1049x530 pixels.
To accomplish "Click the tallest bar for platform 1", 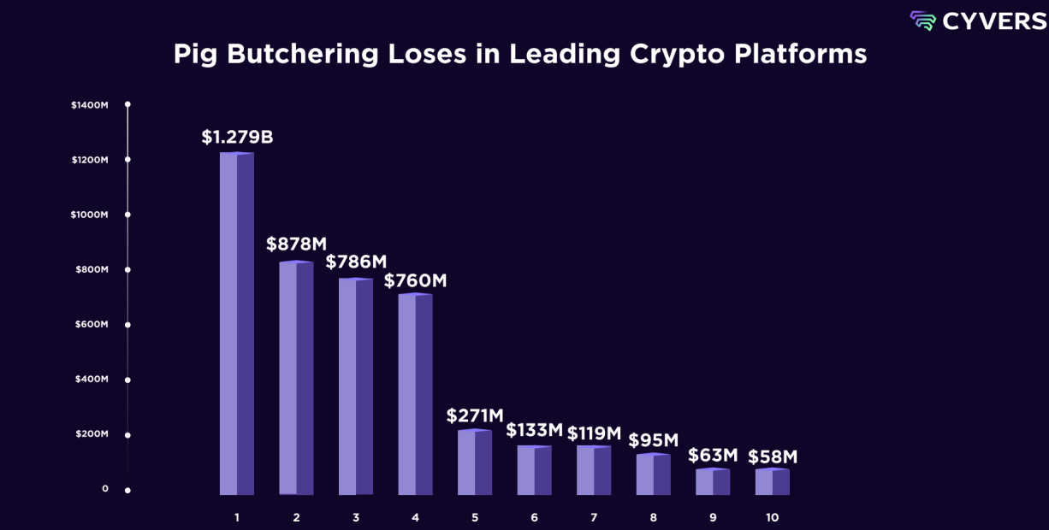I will pos(237,325).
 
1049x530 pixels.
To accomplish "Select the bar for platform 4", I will pos(415,395).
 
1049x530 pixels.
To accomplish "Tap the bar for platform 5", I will pos(474,462).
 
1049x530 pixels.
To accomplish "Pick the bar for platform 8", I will pos(653,474).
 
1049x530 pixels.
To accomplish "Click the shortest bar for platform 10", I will pos(772,482).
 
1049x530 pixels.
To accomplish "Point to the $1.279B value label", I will pos(237,137).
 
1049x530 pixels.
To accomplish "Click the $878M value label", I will pos(296,244).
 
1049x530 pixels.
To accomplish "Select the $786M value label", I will pos(356,262).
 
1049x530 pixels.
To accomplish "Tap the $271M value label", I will pos(475,416).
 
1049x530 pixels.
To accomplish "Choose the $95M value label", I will pos(653,440).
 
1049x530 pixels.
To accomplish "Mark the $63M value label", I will pos(713,455).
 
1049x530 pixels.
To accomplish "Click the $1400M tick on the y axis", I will pos(90,105).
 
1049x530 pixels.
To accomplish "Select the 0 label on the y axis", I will pos(105,489).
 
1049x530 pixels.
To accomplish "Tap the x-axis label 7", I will pos(594,518).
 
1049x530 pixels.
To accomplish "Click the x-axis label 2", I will pos(296,518).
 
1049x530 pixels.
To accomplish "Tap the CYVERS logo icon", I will pos(922,21).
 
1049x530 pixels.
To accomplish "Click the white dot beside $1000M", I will pos(127,215).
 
